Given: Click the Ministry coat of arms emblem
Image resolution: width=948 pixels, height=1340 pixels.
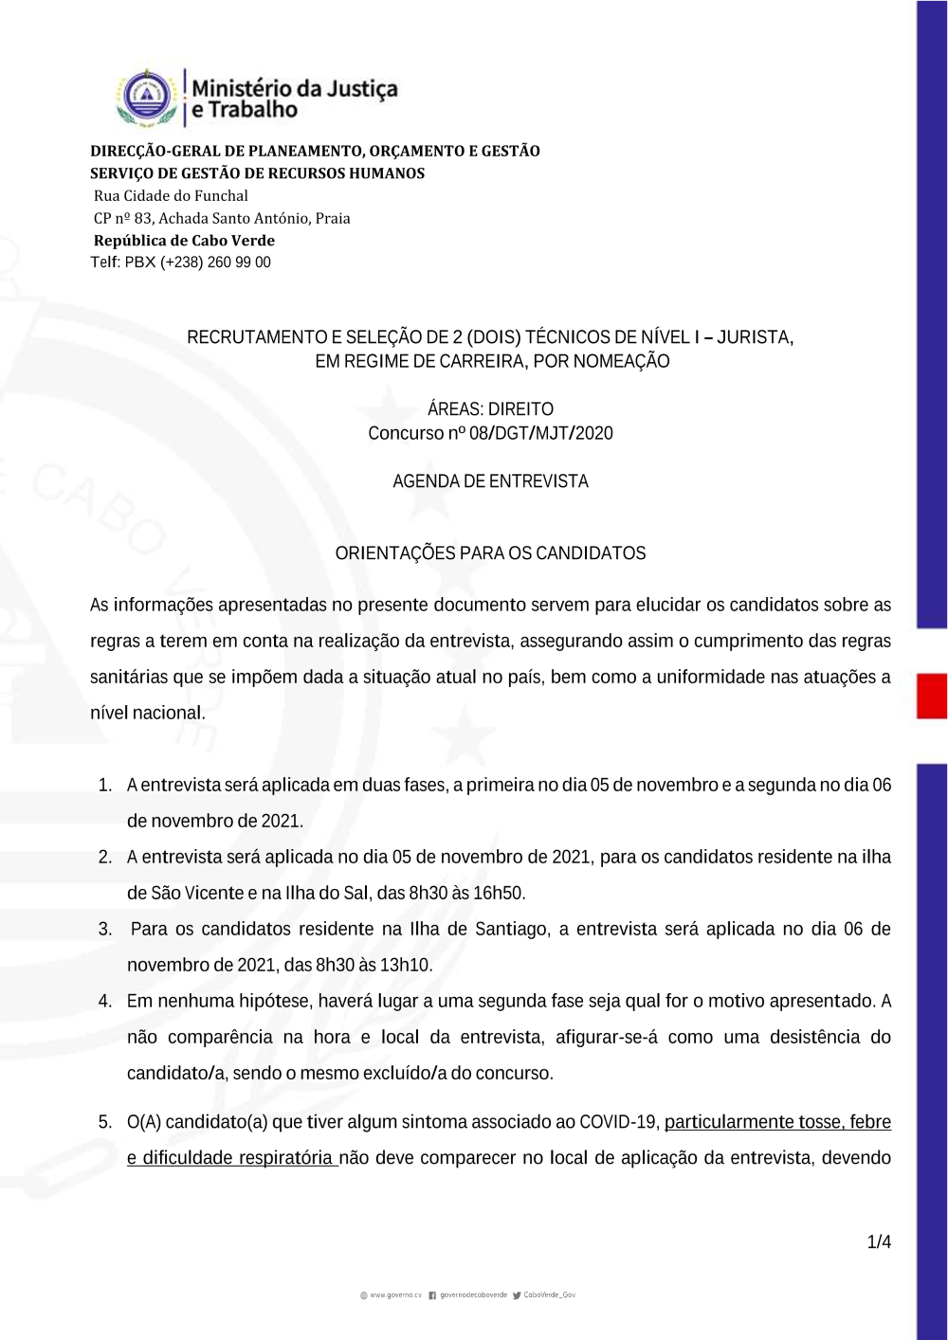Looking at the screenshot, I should tap(147, 97).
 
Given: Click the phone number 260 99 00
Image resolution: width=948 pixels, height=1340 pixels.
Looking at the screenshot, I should tap(239, 263).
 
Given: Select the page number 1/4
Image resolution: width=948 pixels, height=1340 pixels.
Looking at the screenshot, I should tap(879, 1241).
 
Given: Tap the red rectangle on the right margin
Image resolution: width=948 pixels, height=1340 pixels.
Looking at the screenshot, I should tap(931, 696).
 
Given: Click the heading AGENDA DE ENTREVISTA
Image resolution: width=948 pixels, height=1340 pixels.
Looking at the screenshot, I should tap(490, 481).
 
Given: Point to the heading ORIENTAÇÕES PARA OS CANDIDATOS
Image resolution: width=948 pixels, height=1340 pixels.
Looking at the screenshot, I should tap(490, 553).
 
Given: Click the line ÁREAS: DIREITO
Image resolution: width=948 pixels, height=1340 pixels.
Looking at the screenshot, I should tap(490, 409).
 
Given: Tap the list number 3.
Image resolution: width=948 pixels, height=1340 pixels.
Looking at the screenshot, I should tap(105, 929).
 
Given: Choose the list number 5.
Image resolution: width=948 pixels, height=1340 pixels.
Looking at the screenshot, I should tap(105, 1122).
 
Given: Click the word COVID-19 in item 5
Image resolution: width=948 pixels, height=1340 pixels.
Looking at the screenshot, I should tap(618, 1122).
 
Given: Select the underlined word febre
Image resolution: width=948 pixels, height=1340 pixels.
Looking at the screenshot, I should tap(870, 1122).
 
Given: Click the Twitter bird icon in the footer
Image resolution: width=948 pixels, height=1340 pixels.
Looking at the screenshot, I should tap(517, 1295).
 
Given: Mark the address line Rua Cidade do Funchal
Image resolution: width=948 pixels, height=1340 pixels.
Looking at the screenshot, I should tap(171, 196).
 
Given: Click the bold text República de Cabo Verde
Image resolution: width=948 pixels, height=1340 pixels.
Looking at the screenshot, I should tap(184, 241).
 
